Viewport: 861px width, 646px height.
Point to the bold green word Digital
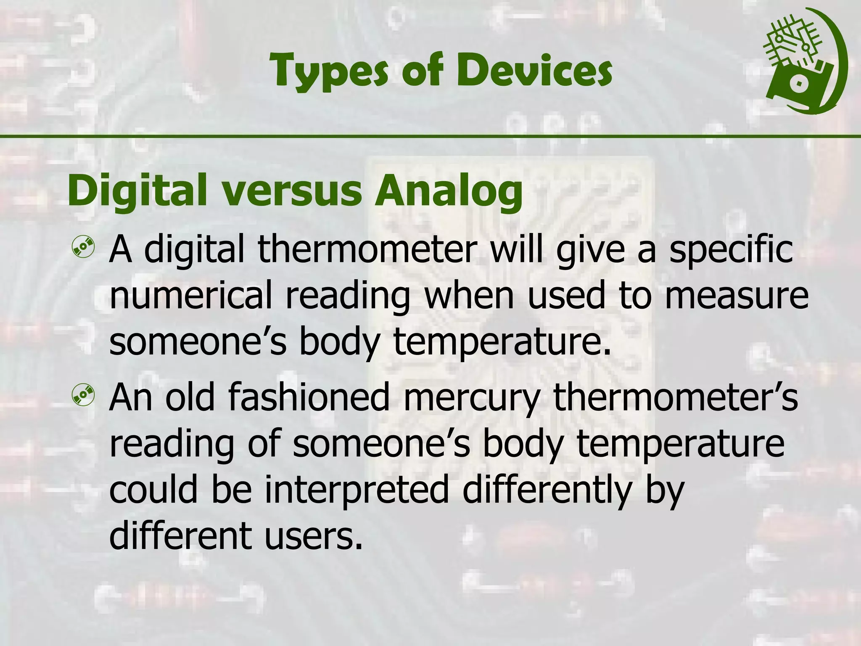[x=137, y=191]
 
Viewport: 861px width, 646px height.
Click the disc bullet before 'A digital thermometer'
[x=83, y=248]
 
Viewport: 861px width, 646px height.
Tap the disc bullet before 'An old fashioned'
[x=83, y=395]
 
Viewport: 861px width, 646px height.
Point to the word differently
[x=547, y=490]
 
